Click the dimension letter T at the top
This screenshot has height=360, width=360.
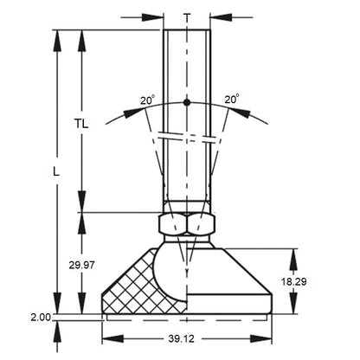(187, 16)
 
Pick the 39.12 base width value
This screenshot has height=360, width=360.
(186, 343)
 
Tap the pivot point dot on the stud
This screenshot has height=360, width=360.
(187, 104)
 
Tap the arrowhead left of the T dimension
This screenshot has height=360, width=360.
(157, 16)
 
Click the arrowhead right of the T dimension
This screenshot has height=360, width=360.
(217, 16)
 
